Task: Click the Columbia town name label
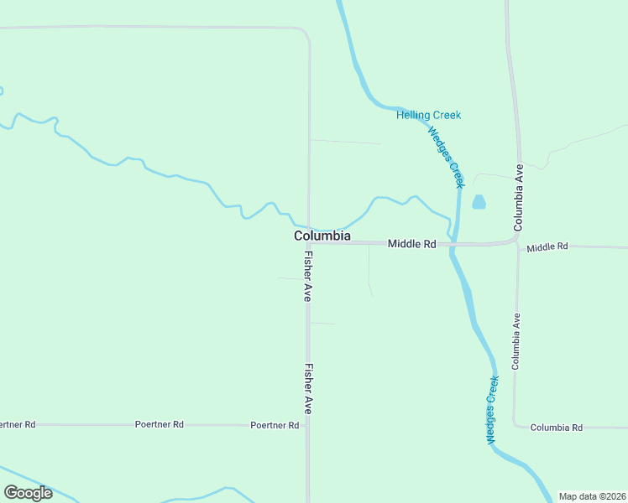(322, 236)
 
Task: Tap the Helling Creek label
(428, 115)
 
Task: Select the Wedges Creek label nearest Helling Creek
(445, 156)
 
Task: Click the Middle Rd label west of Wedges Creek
(411, 244)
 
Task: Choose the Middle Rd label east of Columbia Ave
(547, 246)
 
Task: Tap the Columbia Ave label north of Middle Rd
(518, 197)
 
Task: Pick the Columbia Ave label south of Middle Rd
(517, 341)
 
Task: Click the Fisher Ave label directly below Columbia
(308, 277)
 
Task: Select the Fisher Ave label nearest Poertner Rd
(308, 388)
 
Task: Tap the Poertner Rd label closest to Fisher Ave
(275, 425)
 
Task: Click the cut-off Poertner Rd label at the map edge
(17, 424)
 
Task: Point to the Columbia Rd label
(557, 428)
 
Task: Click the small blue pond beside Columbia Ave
(479, 202)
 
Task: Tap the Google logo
(28, 493)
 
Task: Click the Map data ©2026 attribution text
(592, 496)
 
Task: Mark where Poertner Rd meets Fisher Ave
(308, 425)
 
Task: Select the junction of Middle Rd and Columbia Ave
(517, 242)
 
